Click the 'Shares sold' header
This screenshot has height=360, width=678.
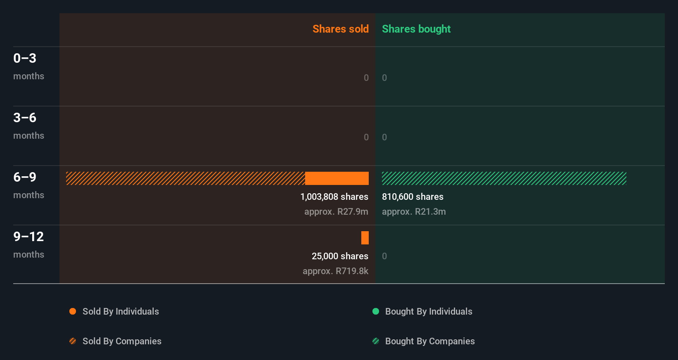[340, 29]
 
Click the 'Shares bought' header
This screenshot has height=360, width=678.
[416, 29]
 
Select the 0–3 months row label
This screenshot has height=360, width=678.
[28, 66]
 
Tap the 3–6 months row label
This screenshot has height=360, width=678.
[28, 126]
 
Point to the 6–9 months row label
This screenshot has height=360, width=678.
[28, 185]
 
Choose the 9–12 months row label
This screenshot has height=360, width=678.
[28, 244]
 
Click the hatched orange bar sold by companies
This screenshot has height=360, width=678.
[185, 178]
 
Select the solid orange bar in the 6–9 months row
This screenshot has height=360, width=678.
[337, 178]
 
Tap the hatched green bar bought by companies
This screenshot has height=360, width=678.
[504, 178]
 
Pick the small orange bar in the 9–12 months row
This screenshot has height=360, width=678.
[365, 238]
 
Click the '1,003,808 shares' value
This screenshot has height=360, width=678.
[334, 197]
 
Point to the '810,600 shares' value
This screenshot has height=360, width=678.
[412, 197]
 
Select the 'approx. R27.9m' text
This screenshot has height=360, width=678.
[336, 212]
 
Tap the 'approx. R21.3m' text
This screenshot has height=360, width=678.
[414, 212]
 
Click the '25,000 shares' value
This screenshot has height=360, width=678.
[340, 256]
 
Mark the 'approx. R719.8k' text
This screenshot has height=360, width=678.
[335, 271]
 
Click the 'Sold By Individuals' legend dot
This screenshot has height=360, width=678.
[73, 311]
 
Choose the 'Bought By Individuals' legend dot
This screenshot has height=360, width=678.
[376, 311]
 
